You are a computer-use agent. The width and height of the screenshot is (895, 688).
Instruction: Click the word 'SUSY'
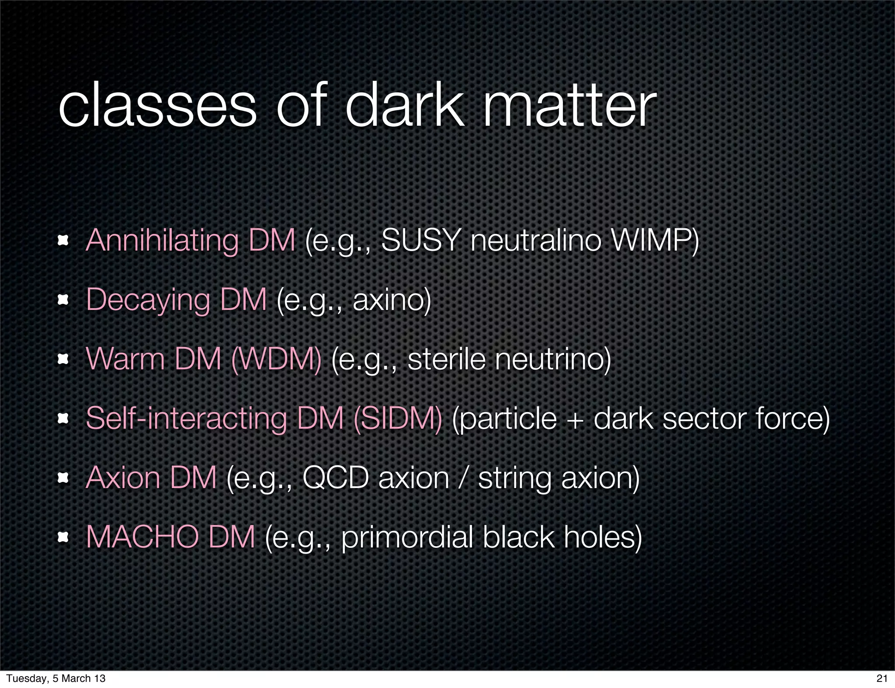[x=420, y=240]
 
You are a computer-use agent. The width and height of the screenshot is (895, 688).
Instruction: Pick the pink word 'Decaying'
[x=149, y=300]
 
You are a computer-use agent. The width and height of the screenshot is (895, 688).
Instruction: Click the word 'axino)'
[x=392, y=300]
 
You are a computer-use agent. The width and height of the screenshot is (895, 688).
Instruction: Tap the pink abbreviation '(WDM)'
[x=276, y=359]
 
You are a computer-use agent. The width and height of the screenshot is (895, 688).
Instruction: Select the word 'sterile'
[x=446, y=359]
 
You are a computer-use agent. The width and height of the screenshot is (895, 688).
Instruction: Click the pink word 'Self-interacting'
[x=186, y=419]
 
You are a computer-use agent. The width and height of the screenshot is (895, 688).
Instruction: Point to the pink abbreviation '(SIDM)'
[x=398, y=419]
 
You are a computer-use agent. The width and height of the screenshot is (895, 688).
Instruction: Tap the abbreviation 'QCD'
[x=336, y=478]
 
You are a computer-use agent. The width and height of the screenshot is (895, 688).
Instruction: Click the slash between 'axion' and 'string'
[x=464, y=478]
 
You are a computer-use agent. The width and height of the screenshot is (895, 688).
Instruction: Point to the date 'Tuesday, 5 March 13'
[x=56, y=678]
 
